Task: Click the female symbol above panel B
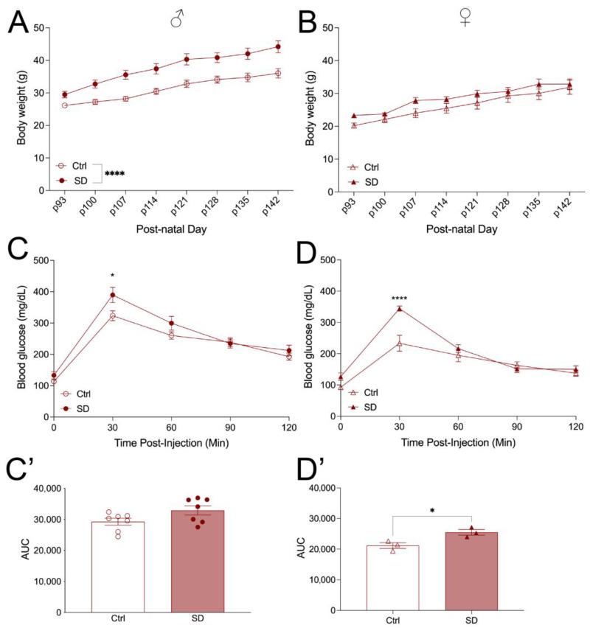click(x=465, y=17)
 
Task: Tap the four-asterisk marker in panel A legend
click(x=114, y=174)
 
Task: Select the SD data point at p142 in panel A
click(x=278, y=46)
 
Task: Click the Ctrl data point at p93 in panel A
click(x=65, y=105)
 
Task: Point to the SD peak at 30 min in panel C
click(x=112, y=295)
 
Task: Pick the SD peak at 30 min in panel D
click(x=400, y=308)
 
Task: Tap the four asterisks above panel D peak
click(x=400, y=298)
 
